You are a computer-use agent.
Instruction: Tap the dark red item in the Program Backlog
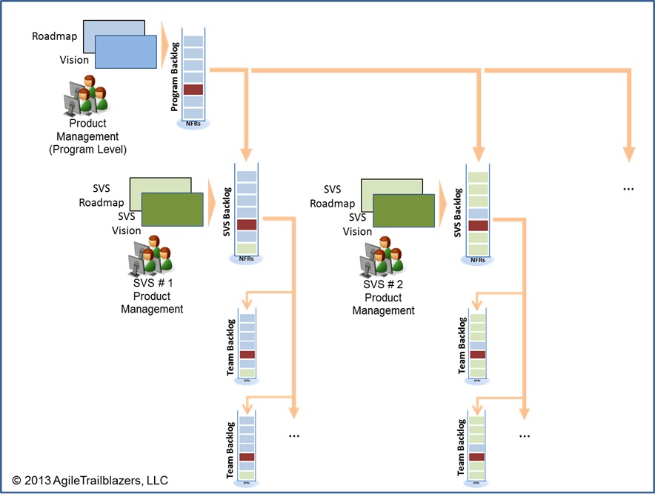193,90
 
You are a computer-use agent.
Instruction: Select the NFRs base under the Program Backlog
193,124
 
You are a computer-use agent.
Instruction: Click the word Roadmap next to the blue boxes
55,36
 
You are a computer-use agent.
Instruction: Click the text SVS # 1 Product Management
152,296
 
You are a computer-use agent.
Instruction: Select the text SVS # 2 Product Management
383,298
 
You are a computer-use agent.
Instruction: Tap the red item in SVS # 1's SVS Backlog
246,224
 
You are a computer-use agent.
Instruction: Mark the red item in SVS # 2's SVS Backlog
478,225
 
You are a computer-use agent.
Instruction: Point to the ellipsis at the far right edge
628,188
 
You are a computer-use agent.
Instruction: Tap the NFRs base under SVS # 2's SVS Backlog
478,260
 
